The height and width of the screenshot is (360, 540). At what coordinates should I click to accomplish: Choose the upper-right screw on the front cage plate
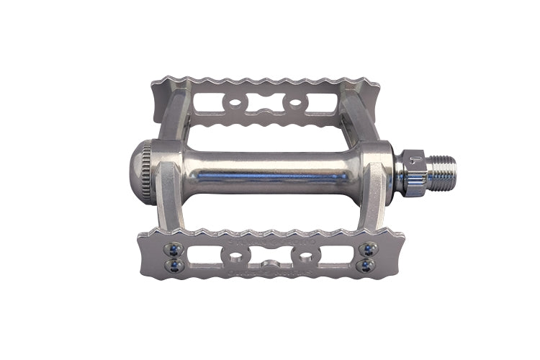[367, 249]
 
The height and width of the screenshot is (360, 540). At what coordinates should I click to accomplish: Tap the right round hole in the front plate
[305, 257]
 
